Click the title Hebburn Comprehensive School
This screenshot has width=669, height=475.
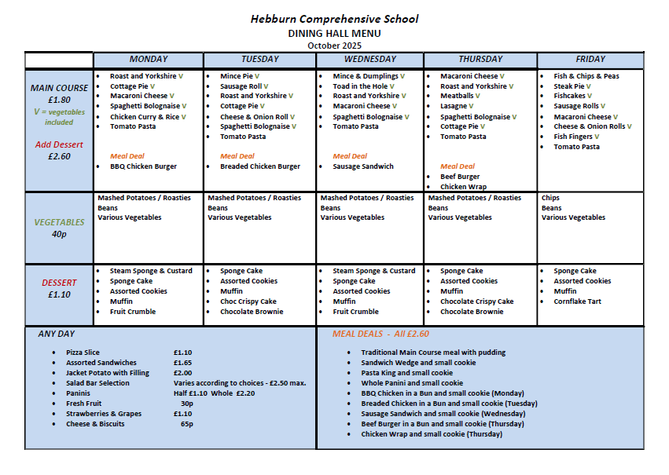click(334, 19)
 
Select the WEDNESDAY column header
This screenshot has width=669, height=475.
click(369, 59)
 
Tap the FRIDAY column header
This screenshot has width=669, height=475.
click(590, 59)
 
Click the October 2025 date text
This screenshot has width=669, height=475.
click(334, 45)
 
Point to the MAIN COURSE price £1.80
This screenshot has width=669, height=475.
click(59, 100)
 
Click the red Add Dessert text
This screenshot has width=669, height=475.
click(59, 144)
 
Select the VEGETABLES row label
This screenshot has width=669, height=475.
click(59, 222)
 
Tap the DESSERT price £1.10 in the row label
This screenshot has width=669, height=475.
click(59, 294)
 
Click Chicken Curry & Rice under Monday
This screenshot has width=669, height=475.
click(145, 117)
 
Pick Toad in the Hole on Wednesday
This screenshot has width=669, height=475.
click(360, 86)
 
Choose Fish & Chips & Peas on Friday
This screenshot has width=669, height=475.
click(586, 76)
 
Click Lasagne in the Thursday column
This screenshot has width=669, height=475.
click(454, 106)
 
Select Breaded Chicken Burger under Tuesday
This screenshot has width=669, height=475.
click(259, 166)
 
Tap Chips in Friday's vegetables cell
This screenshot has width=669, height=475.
click(550, 198)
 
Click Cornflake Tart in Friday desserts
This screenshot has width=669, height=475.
click(577, 301)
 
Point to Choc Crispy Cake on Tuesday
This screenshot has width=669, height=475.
click(248, 301)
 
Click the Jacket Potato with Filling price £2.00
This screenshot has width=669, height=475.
click(182, 373)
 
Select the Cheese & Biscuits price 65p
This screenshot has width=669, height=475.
click(186, 424)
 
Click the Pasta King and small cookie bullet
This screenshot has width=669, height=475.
click(406, 373)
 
